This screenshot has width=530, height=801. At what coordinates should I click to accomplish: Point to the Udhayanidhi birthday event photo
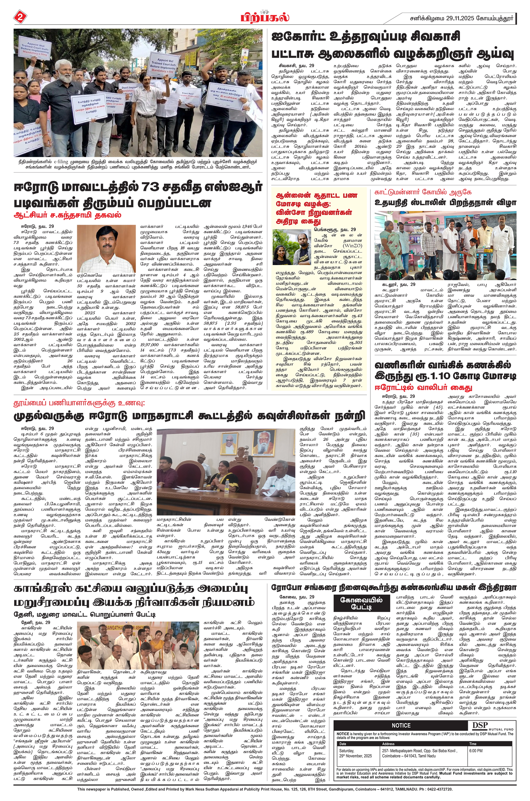(x=445, y=246)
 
